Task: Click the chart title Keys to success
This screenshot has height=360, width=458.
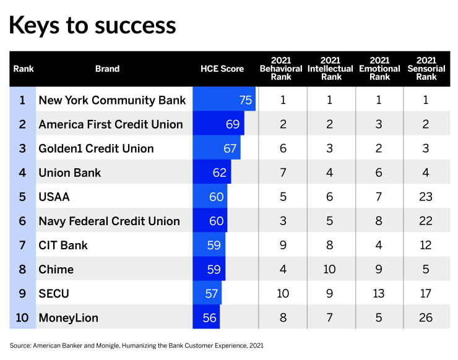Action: click(93, 26)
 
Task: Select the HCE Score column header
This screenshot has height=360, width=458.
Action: click(222, 69)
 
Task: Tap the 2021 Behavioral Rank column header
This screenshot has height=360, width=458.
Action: click(281, 69)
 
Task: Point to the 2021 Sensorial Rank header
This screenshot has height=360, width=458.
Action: click(426, 69)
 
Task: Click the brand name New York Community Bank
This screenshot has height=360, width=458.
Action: click(112, 100)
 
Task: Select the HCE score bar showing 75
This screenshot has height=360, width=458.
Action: click(224, 99)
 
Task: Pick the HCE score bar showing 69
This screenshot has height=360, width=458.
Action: click(218, 123)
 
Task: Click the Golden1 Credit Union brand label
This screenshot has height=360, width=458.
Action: click(96, 148)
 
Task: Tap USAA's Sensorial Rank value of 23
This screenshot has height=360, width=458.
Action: click(426, 197)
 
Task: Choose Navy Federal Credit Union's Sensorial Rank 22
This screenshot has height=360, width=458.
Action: click(426, 221)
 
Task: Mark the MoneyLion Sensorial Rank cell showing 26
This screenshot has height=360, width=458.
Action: click(426, 318)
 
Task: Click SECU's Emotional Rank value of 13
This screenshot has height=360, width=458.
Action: click(379, 293)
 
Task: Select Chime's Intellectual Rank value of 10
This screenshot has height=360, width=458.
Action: click(329, 269)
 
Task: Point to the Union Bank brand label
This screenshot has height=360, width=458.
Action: click(69, 173)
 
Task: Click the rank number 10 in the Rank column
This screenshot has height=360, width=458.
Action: click(22, 318)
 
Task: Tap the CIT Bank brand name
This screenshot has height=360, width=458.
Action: click(63, 245)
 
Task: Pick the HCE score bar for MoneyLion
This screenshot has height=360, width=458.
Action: click(206, 317)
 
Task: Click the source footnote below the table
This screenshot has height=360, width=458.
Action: click(136, 346)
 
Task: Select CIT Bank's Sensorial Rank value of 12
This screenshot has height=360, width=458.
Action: click(426, 245)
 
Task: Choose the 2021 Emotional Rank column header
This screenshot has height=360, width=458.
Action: click(379, 69)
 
